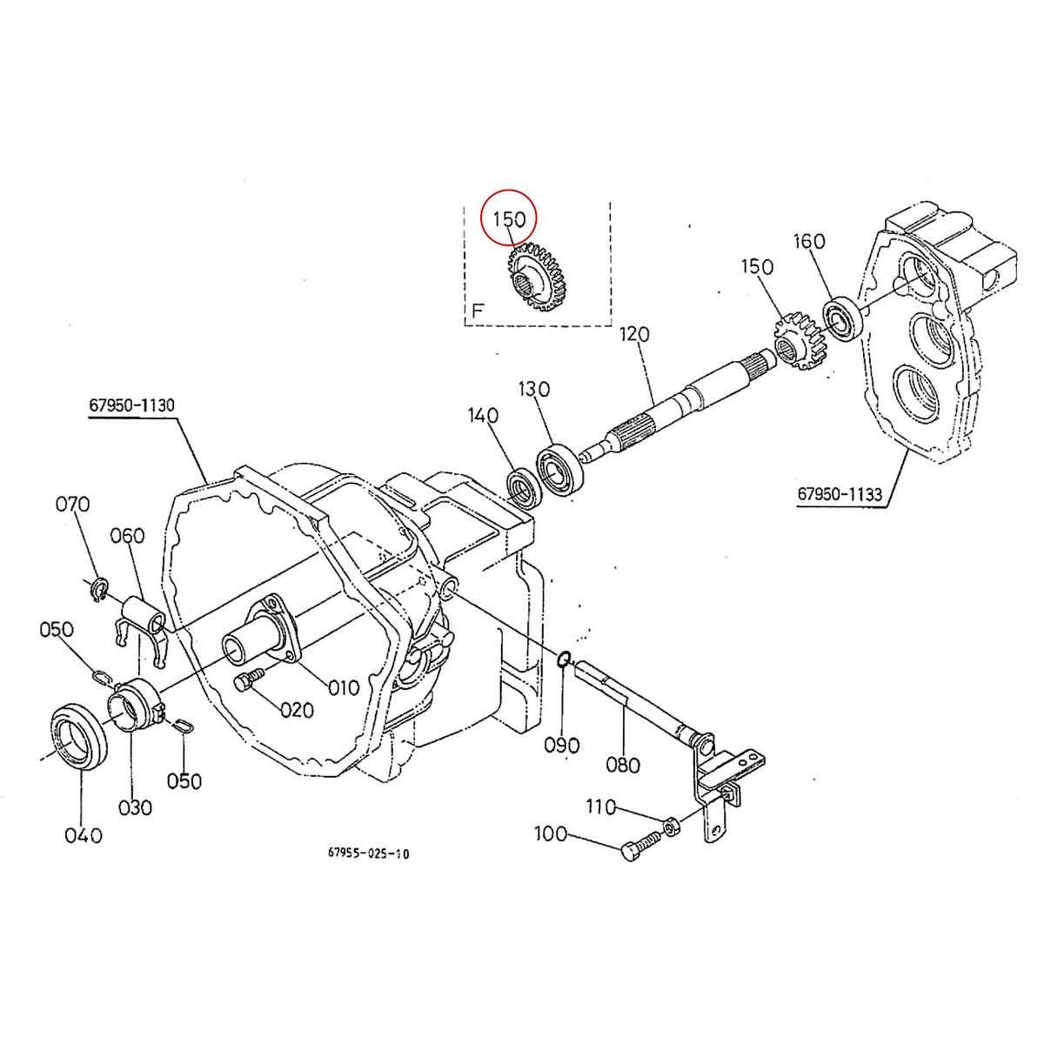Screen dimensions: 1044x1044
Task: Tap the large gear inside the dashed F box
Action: pos(532,279)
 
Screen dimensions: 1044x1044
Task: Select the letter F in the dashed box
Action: pos(477,311)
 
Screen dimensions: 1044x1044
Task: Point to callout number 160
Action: pos(809,241)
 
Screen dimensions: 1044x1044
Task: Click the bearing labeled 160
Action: pos(842,318)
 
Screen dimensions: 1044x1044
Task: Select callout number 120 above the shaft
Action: pos(636,335)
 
